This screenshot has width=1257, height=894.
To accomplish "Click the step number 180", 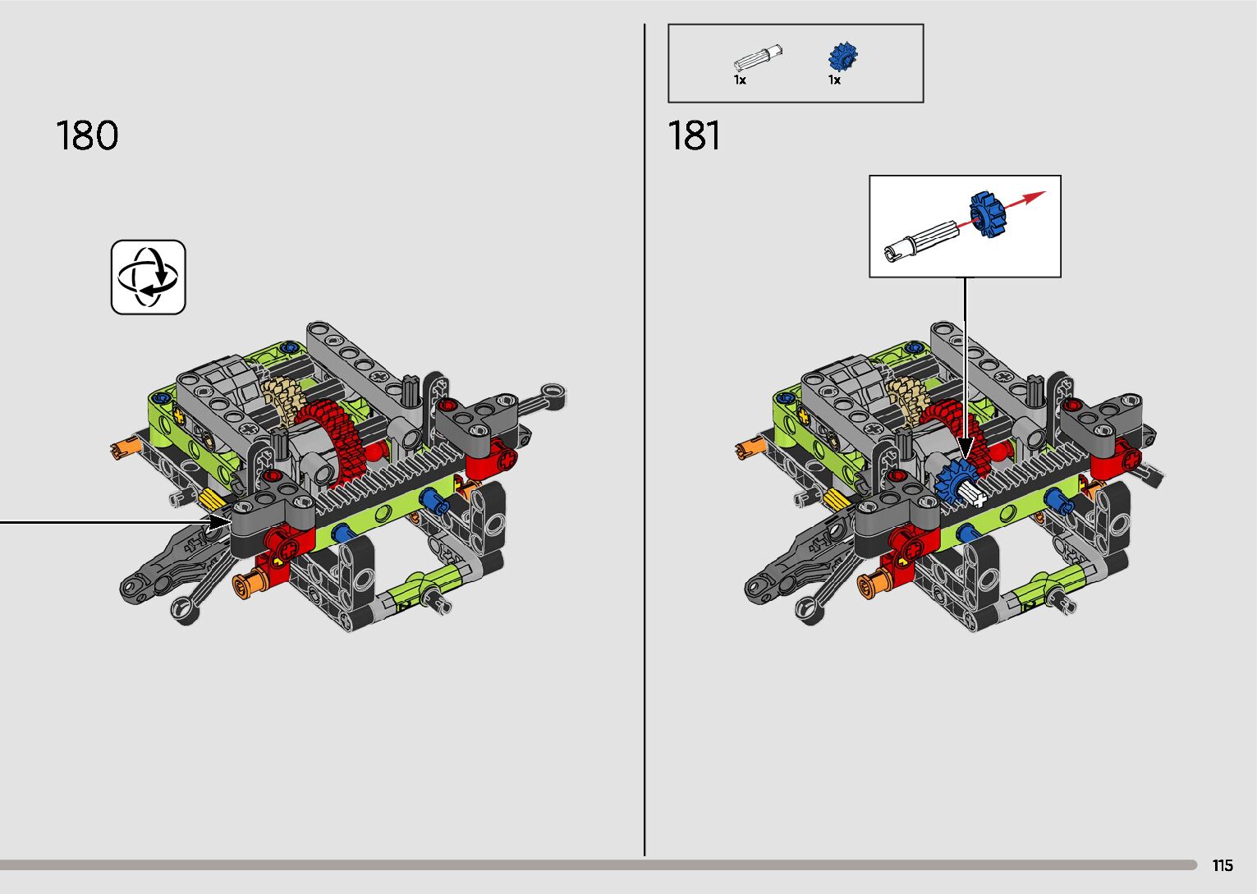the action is [x=87, y=135].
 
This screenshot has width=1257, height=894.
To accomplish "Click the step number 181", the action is [x=694, y=135].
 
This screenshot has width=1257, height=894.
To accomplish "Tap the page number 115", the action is [x=1223, y=865].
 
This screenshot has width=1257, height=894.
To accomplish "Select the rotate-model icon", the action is [x=148, y=277].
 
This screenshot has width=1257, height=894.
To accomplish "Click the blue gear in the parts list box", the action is [x=843, y=57].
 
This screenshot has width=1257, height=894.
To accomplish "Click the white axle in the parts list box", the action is [x=758, y=57].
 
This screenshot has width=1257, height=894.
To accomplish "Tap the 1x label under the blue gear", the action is [x=834, y=80].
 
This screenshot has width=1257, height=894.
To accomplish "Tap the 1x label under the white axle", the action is [x=740, y=80].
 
